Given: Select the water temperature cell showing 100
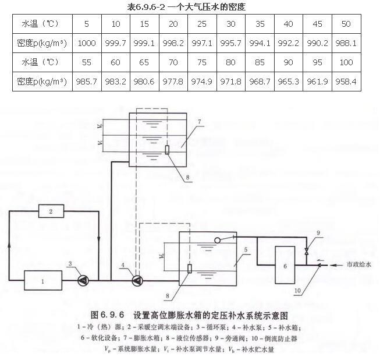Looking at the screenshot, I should [x=346, y=63].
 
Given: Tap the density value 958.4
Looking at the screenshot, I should [x=346, y=82].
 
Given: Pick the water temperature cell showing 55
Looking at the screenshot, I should [x=86, y=63].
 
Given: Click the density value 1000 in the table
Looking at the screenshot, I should [x=86, y=43].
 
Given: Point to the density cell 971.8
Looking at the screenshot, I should [x=230, y=82].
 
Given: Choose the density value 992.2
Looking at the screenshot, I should [x=288, y=43].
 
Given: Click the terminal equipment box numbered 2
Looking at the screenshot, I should [x=51, y=210].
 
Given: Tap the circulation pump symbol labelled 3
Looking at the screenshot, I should [x=83, y=280].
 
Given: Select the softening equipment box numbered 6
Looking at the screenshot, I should [x=285, y=266].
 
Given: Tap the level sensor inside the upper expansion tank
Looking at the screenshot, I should [x=167, y=149].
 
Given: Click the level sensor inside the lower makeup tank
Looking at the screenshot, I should [x=190, y=270].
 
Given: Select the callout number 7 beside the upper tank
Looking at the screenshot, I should [x=198, y=122].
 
